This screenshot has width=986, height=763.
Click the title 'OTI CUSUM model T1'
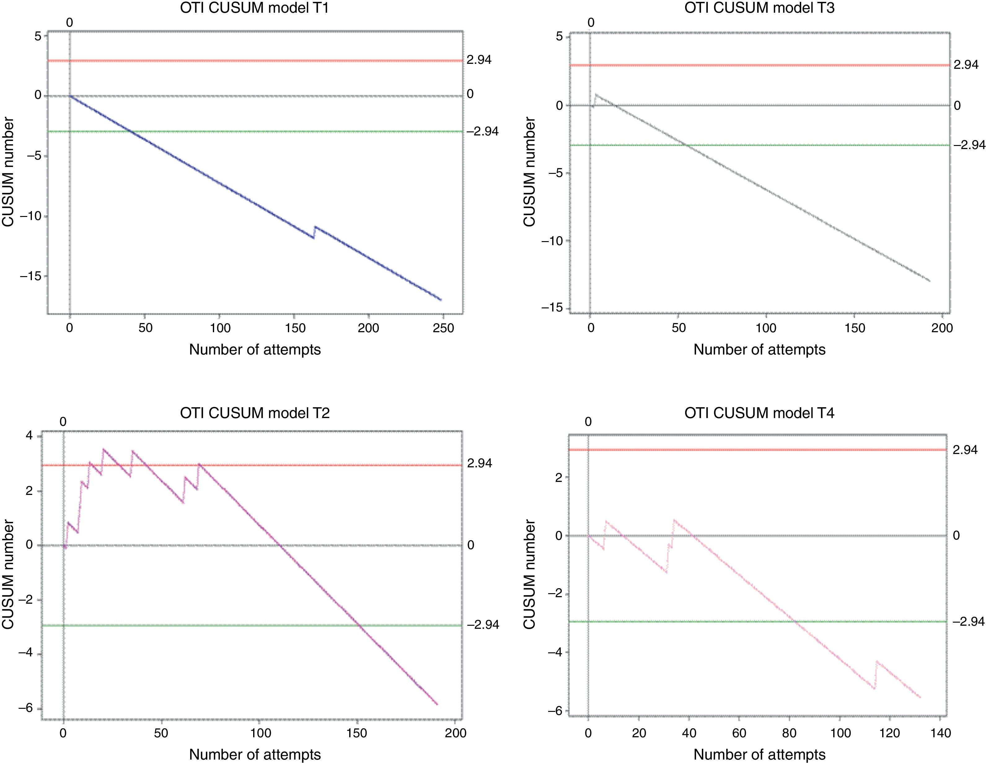coord(254,8)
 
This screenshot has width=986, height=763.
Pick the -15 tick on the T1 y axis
coord(31,276)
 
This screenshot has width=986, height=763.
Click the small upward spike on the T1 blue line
coord(315,227)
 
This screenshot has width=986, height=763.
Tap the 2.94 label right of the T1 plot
coord(479,60)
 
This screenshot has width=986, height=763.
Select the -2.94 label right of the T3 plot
coord(969,145)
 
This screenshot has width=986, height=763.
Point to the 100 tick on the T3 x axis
coord(766,328)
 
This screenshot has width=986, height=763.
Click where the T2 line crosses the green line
coord(360,625)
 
